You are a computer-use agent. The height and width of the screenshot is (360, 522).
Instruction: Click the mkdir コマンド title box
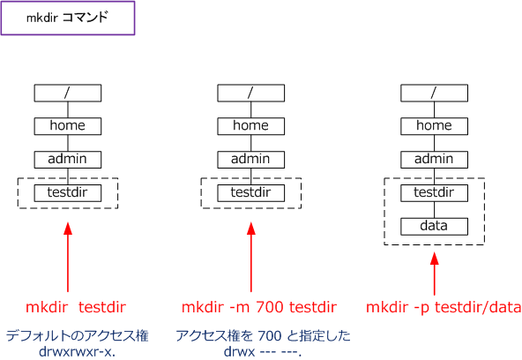[x=68, y=18]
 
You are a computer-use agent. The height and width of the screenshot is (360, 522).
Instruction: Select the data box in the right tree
[x=434, y=227]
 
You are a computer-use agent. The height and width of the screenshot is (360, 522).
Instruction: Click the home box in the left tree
[x=68, y=126]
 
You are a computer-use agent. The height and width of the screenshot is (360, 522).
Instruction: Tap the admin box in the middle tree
[x=251, y=160]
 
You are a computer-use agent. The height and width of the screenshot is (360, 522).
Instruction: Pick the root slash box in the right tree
[x=434, y=93]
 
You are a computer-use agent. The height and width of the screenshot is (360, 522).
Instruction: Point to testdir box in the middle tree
[x=251, y=193]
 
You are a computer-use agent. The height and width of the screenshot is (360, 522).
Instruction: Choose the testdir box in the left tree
[x=68, y=193]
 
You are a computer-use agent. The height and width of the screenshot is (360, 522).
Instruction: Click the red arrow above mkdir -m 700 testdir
[x=251, y=258]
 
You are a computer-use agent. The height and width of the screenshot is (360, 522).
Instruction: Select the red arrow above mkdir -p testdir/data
[x=434, y=274]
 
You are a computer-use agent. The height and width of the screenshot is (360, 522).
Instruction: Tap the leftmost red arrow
[x=68, y=258]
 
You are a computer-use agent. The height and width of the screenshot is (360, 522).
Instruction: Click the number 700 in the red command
[x=270, y=307]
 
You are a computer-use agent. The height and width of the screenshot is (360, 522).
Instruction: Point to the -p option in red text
[x=421, y=308]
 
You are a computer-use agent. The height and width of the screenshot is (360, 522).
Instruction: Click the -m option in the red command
[x=239, y=307]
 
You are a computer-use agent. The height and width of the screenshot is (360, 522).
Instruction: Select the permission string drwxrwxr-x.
[x=78, y=351]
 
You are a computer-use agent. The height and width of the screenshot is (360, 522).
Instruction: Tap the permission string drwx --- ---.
[x=263, y=351]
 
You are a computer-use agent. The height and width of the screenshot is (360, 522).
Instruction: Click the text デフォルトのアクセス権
[x=78, y=335]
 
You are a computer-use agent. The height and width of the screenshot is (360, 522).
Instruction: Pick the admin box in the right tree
[x=434, y=160]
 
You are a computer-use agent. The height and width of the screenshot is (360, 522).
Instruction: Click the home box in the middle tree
[x=251, y=126]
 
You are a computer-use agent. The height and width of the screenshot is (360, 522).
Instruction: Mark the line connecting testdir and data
[x=434, y=210]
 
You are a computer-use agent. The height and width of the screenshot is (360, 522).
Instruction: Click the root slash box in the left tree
[x=68, y=93]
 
